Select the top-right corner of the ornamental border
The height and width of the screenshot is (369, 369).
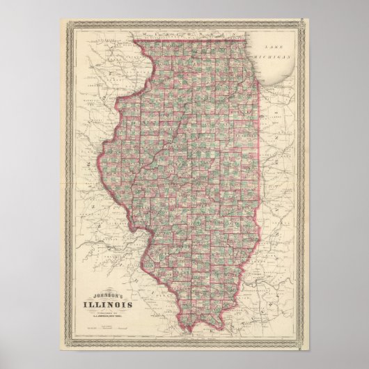point(308,22)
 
